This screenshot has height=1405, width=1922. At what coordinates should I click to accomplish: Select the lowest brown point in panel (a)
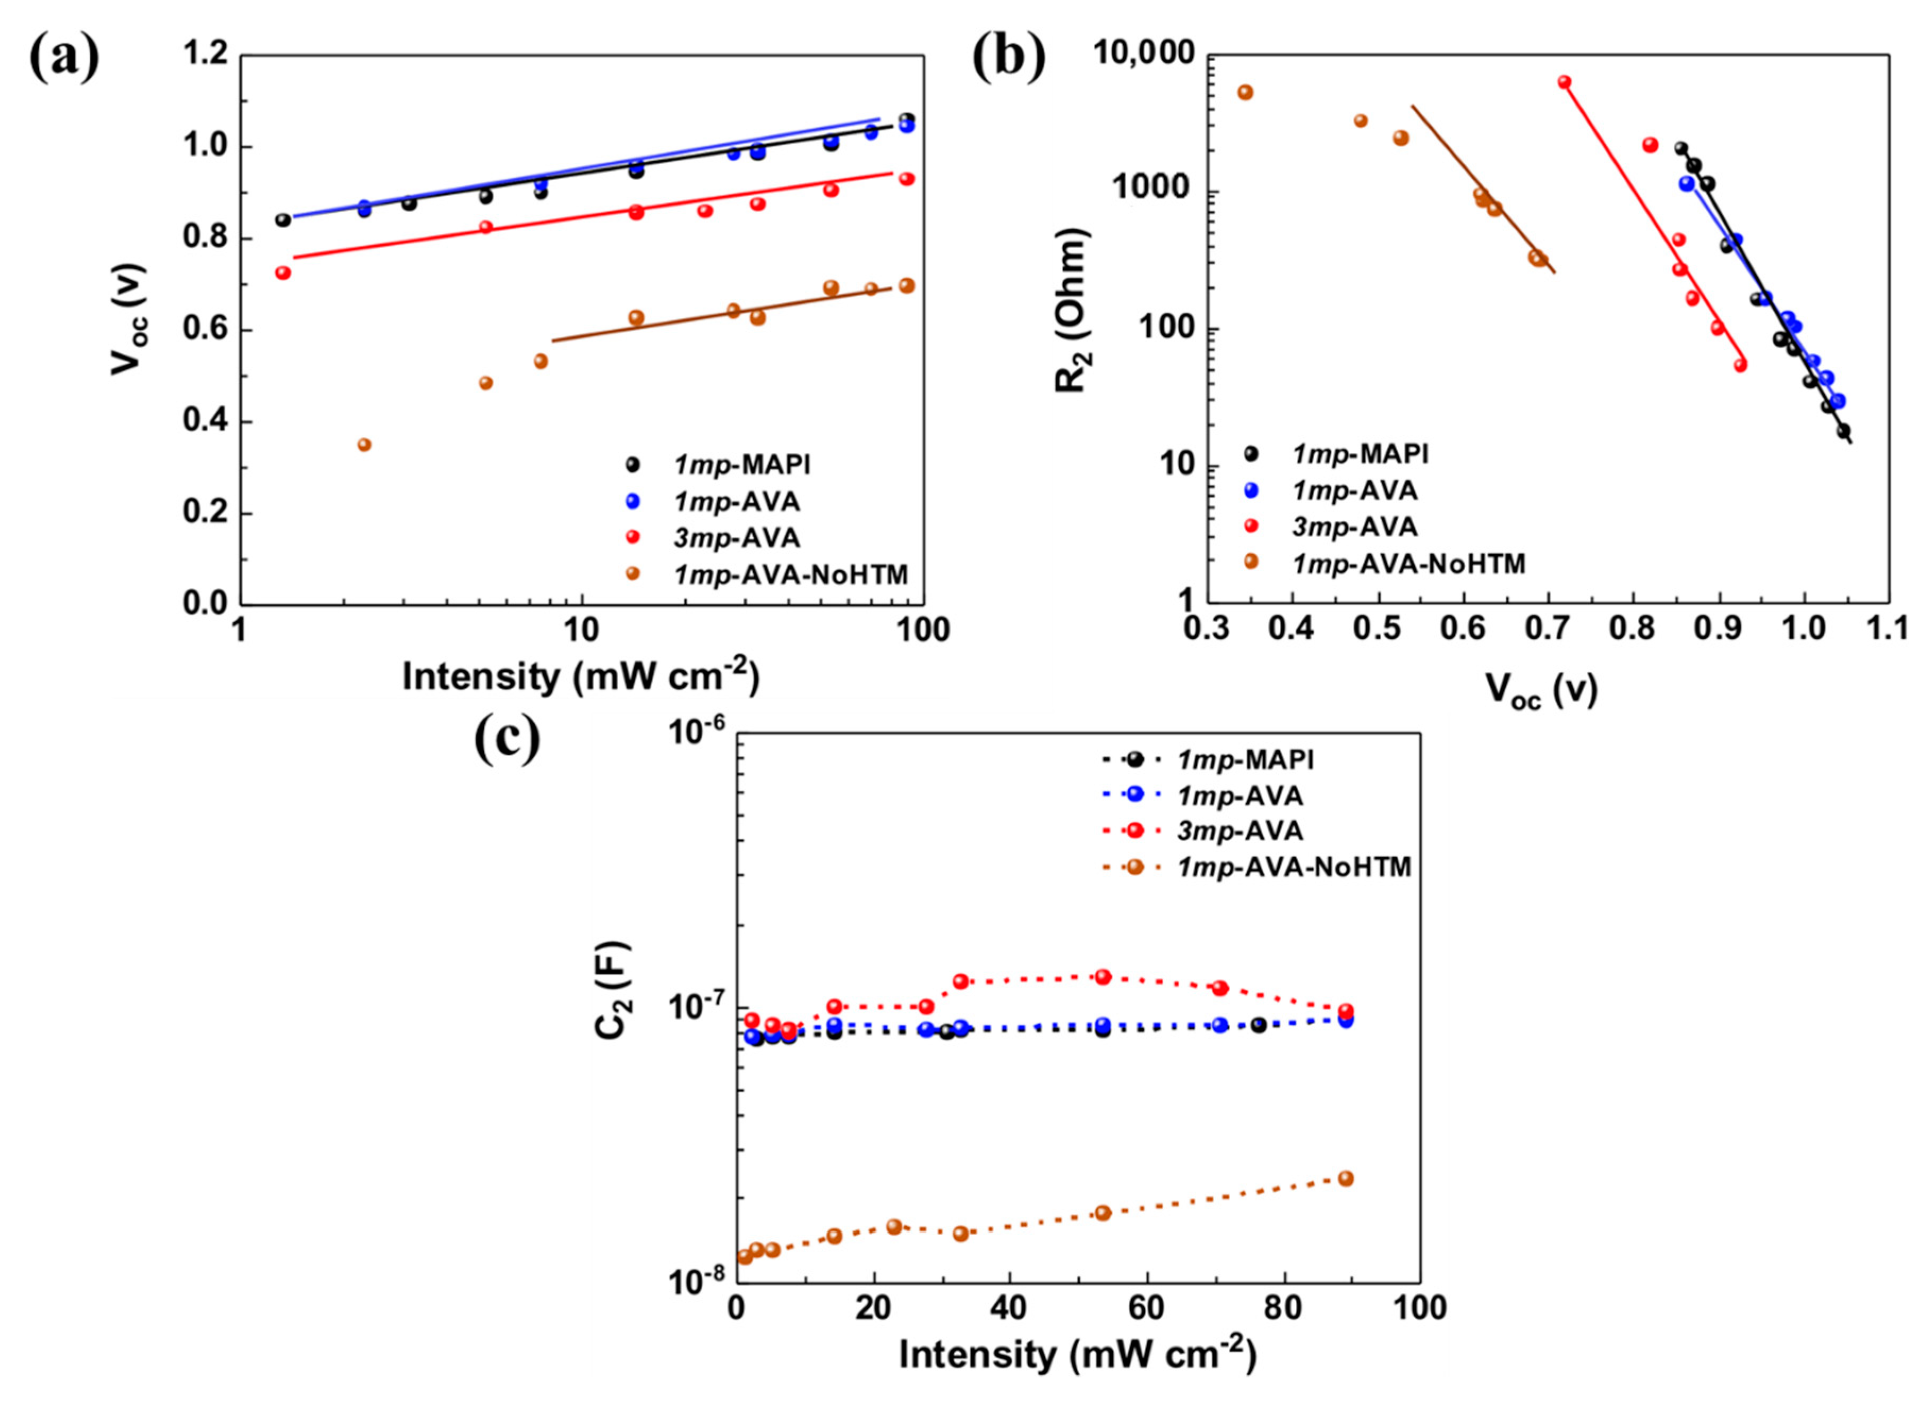(x=364, y=445)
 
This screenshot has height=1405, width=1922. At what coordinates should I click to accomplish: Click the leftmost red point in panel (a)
(x=283, y=273)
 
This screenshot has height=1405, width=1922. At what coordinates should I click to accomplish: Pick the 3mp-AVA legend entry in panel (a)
(x=736, y=538)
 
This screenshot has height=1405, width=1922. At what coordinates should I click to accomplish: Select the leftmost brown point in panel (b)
(x=1245, y=92)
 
